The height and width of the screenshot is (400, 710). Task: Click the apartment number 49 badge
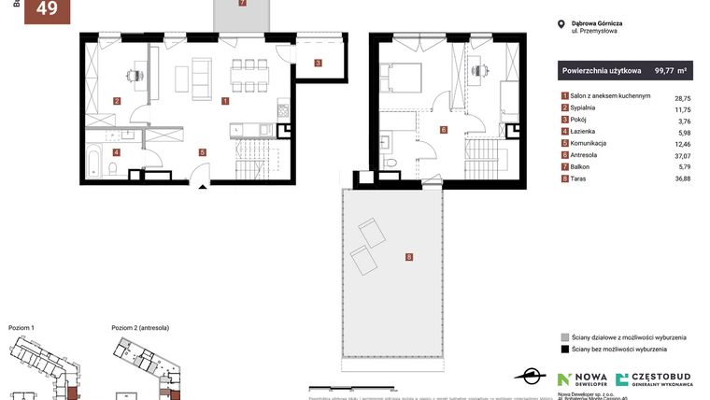pos(46,10)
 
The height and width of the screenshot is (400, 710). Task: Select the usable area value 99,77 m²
pos(671,70)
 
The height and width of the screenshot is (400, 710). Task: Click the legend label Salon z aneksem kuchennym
pos(610,96)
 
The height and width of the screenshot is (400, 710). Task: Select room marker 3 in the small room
pos(318,64)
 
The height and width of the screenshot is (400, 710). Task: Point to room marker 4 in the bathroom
pos(117,151)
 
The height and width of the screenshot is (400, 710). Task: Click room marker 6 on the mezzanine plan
pos(443,130)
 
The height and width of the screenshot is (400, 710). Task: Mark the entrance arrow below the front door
pos(204,187)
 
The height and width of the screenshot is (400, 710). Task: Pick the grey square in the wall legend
pos(564,336)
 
